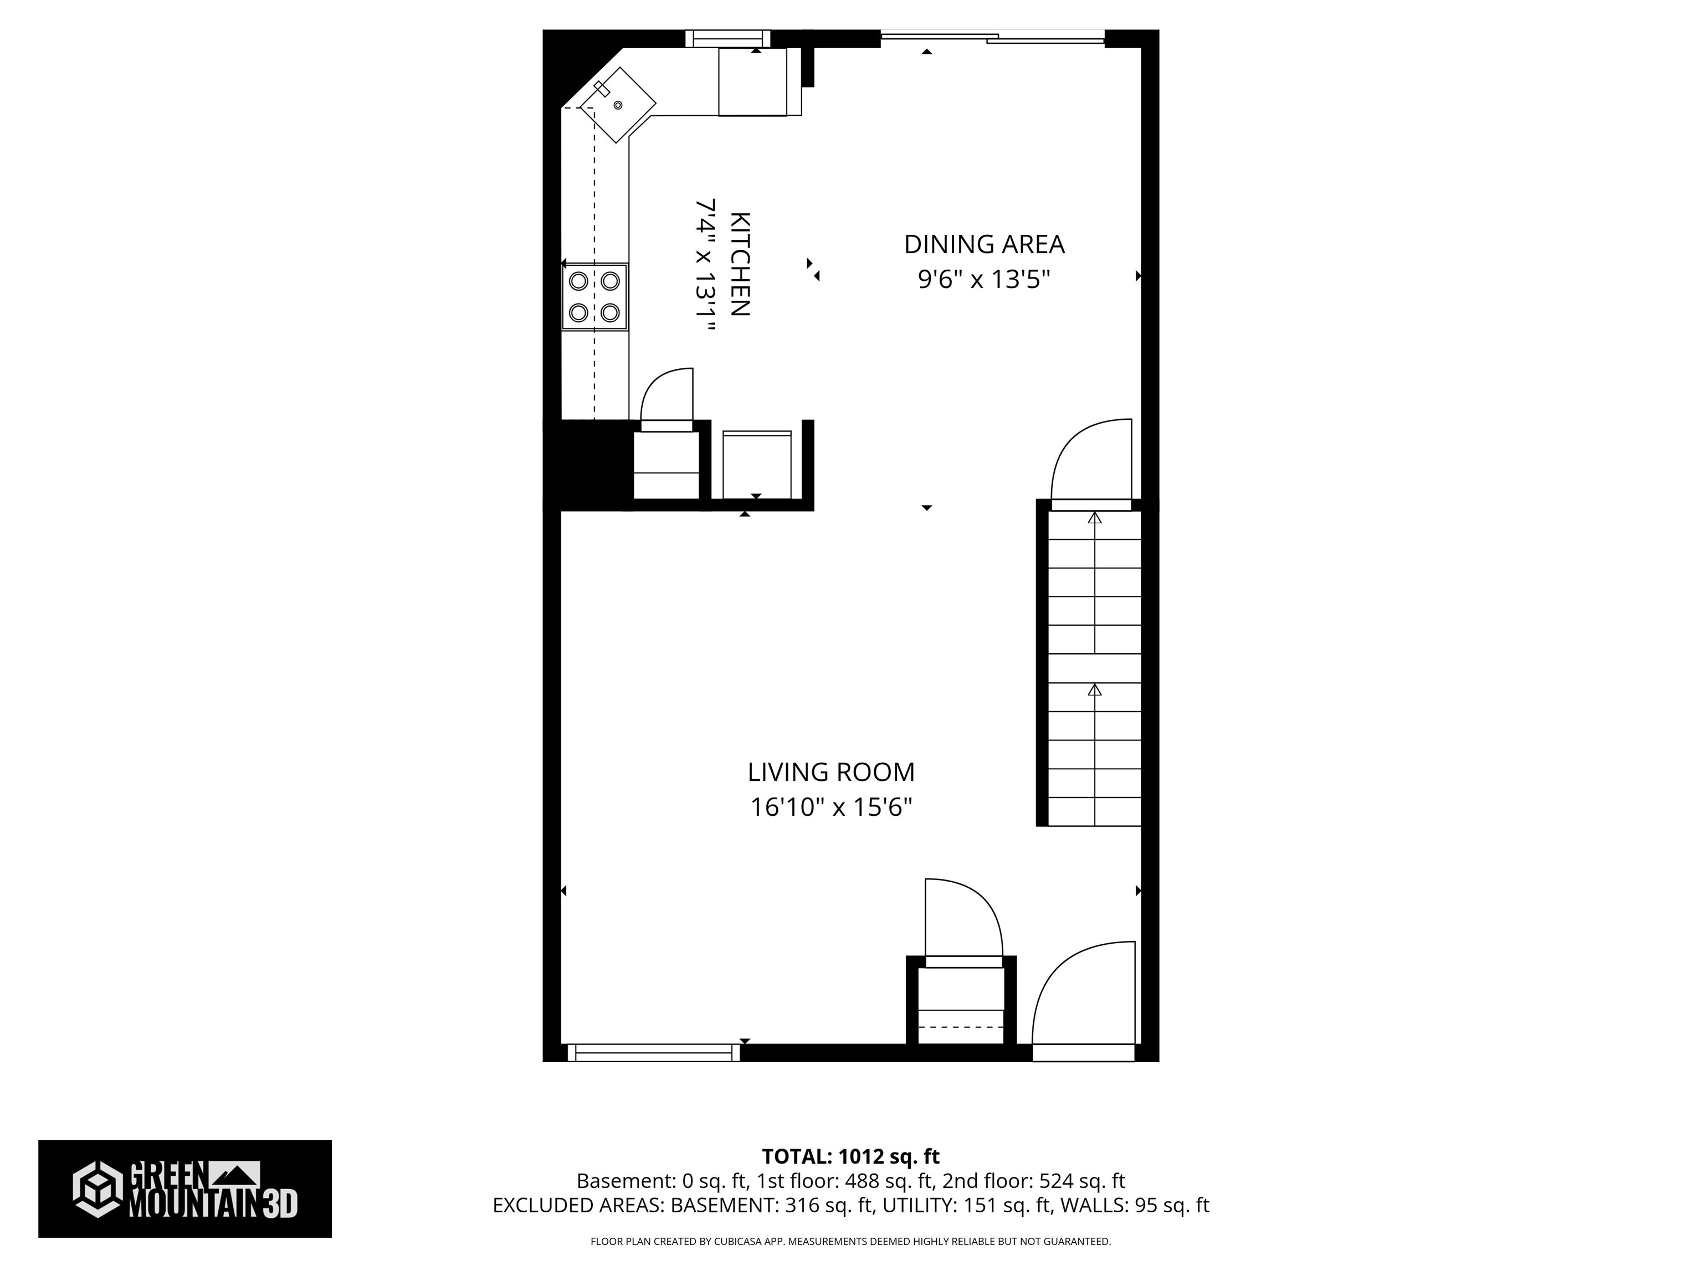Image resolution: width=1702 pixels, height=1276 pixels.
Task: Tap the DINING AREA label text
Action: pyautogui.click(x=983, y=245)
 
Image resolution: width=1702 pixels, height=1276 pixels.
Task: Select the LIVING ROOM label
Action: pyautogui.click(x=831, y=772)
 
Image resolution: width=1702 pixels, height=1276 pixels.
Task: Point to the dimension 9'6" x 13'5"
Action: pyautogui.click(x=983, y=279)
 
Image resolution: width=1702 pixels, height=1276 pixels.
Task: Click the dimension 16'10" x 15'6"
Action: pyautogui.click(x=831, y=807)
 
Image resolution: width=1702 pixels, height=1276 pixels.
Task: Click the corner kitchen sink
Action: pyautogui.click(x=617, y=105)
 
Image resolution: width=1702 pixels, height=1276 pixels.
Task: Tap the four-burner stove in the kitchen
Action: pyautogui.click(x=594, y=297)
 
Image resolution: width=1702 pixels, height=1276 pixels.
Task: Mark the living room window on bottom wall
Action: pyautogui.click(x=653, y=1053)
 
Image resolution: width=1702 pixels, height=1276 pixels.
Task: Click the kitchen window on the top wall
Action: pyautogui.click(x=727, y=38)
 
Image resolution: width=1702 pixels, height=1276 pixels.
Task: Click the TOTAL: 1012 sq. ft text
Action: pyautogui.click(x=850, y=1157)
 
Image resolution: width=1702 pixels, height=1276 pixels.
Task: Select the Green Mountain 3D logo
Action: pyautogui.click(x=184, y=1189)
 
